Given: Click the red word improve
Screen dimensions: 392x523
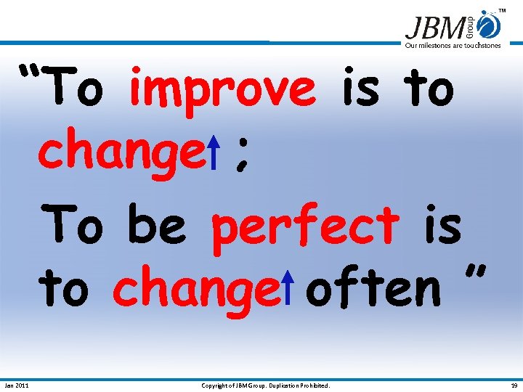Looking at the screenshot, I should click(x=222, y=90).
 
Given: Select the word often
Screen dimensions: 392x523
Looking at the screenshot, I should click(x=373, y=287).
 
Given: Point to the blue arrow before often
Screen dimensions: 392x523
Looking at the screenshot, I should click(x=288, y=285).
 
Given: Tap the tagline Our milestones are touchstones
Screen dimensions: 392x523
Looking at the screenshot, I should click(x=453, y=45).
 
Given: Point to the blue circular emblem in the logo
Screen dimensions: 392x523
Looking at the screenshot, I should click(x=490, y=25).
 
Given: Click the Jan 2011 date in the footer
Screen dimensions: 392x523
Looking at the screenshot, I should click(x=17, y=385).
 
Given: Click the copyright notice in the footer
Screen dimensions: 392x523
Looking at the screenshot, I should click(x=265, y=385).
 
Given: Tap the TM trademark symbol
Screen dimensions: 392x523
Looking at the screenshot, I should click(x=501, y=11).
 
